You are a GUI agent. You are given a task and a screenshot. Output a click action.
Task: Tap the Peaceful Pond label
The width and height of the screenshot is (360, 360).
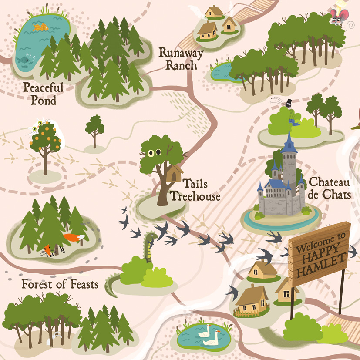click(43, 94)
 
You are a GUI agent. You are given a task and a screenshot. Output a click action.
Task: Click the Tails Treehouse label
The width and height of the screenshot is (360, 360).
click(195, 190)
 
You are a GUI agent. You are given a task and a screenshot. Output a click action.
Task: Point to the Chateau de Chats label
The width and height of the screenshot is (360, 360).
click(329, 188)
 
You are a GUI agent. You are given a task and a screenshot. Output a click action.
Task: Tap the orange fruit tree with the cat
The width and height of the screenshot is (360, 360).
click(45, 137)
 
